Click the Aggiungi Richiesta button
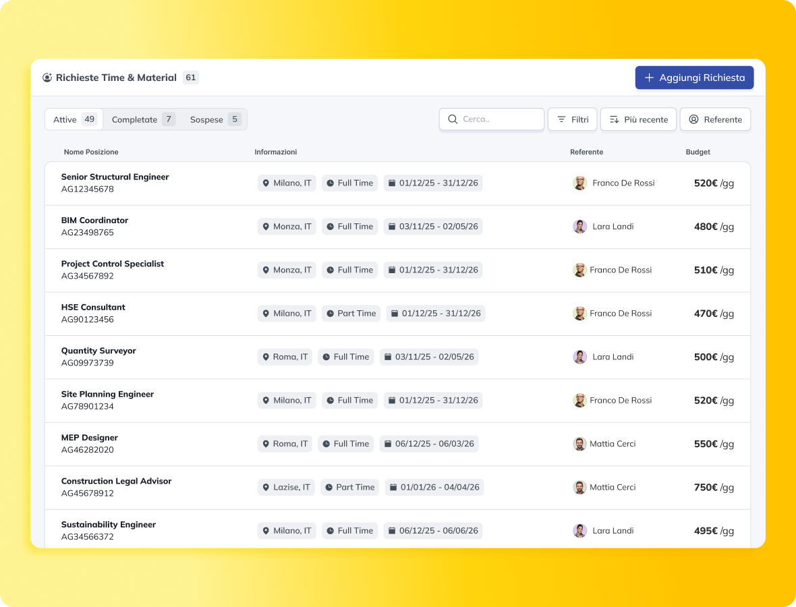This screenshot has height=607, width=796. (x=694, y=78)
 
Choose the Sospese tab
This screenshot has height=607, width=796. (x=215, y=119)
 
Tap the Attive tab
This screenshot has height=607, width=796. (x=74, y=119)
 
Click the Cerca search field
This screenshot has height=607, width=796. (x=492, y=119)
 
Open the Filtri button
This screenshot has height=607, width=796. (x=572, y=119)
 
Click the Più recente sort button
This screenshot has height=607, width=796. (x=638, y=119)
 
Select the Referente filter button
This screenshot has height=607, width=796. (x=715, y=119)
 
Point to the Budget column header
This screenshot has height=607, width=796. (x=698, y=152)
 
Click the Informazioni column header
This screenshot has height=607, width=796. (x=275, y=152)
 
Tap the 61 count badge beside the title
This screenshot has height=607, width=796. (x=191, y=78)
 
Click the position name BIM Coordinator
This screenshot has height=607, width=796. (x=94, y=220)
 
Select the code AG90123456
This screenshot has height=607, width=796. (x=88, y=320)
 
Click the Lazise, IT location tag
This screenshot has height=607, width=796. (x=285, y=487)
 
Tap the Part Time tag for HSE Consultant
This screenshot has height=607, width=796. (x=350, y=313)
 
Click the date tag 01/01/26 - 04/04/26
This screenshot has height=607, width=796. (x=434, y=487)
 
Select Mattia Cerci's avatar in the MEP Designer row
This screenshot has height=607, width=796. (x=579, y=444)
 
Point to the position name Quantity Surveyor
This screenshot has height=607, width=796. (x=98, y=351)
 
